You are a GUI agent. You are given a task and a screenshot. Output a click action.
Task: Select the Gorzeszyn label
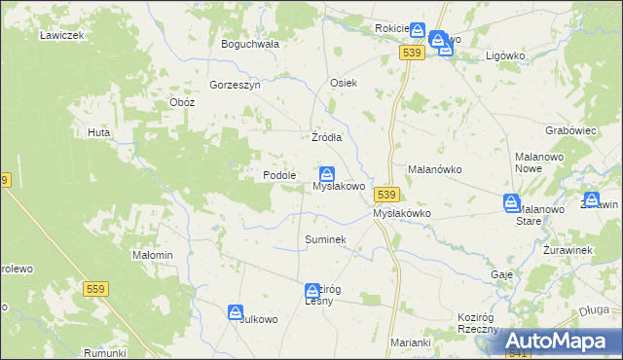[x=235, y=85]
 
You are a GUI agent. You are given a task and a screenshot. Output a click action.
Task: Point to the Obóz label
[x=182, y=102]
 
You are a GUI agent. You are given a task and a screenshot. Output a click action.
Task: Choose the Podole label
[x=279, y=175]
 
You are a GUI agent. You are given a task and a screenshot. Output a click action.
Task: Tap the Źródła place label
[x=326, y=137]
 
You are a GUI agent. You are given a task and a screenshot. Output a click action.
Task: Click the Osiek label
[x=345, y=83]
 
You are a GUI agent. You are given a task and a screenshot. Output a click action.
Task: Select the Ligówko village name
[x=505, y=55]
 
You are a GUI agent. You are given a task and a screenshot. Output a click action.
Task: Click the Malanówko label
[x=434, y=168]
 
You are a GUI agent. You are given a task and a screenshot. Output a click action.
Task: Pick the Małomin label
[x=152, y=255]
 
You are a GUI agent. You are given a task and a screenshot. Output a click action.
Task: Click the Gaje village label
[x=502, y=274]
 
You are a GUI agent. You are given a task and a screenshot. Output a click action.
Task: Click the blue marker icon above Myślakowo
[x=328, y=173]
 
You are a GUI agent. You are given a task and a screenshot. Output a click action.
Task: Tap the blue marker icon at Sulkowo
[x=237, y=312]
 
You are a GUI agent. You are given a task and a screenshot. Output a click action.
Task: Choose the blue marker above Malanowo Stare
[x=512, y=202]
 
